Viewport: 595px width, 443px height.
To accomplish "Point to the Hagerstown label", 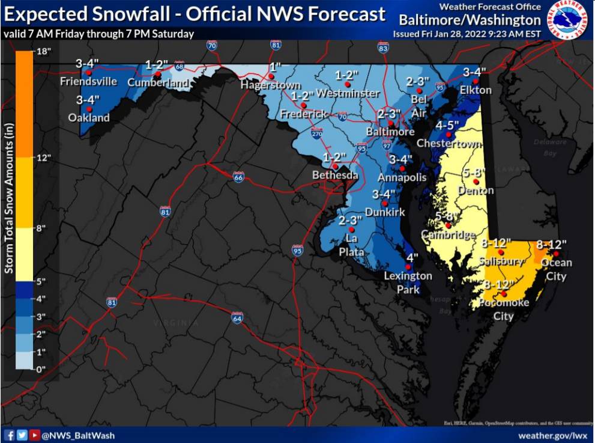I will pos(271,85).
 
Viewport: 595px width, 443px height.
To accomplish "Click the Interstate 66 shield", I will pos(239,177).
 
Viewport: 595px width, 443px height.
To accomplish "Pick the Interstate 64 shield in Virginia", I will pos(237,317).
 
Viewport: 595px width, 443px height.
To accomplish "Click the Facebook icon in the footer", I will pos(9,435).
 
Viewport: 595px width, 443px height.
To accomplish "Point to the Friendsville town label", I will pos(88,81).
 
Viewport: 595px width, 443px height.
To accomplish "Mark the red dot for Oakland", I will pos(89,109).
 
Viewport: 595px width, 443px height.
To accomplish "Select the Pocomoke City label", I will pos(504,308).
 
